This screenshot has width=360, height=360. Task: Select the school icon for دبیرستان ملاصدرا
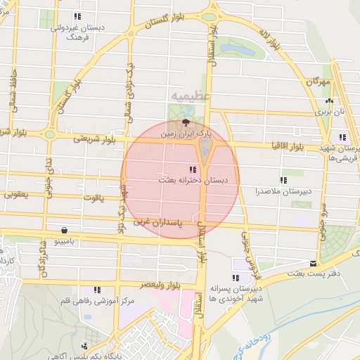click(x=283, y=180)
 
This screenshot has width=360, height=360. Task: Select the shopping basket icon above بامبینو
click(x=65, y=229)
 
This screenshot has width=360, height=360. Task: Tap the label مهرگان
click(x=318, y=82)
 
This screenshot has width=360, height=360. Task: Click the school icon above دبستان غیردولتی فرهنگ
click(x=77, y=16)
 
